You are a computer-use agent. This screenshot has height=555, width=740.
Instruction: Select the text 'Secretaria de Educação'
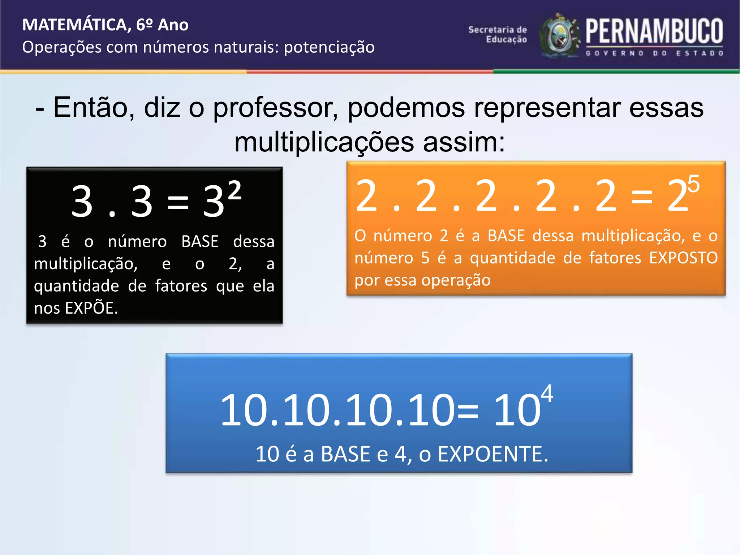pos(498,35)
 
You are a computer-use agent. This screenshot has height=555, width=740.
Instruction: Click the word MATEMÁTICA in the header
pos(74,25)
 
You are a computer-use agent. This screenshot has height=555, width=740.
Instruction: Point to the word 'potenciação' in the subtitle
pos(329,47)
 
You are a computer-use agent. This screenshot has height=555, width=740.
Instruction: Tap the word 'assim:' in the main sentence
pos(464,142)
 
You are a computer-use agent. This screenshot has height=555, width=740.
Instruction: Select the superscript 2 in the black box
pos(235,190)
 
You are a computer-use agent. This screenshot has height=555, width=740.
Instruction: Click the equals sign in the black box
pos(178,202)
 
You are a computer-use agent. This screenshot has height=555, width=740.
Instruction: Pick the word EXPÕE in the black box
pos(90,308)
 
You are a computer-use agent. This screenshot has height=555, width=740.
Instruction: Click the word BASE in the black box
pos(200,241)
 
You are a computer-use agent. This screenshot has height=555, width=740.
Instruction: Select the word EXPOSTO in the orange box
pos(683,258)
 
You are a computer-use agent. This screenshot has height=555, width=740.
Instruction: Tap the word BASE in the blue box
pos(345,454)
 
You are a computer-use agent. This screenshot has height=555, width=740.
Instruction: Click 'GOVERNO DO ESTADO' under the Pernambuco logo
pos(654,53)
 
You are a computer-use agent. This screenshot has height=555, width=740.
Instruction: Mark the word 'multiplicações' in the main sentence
pos(324,142)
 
